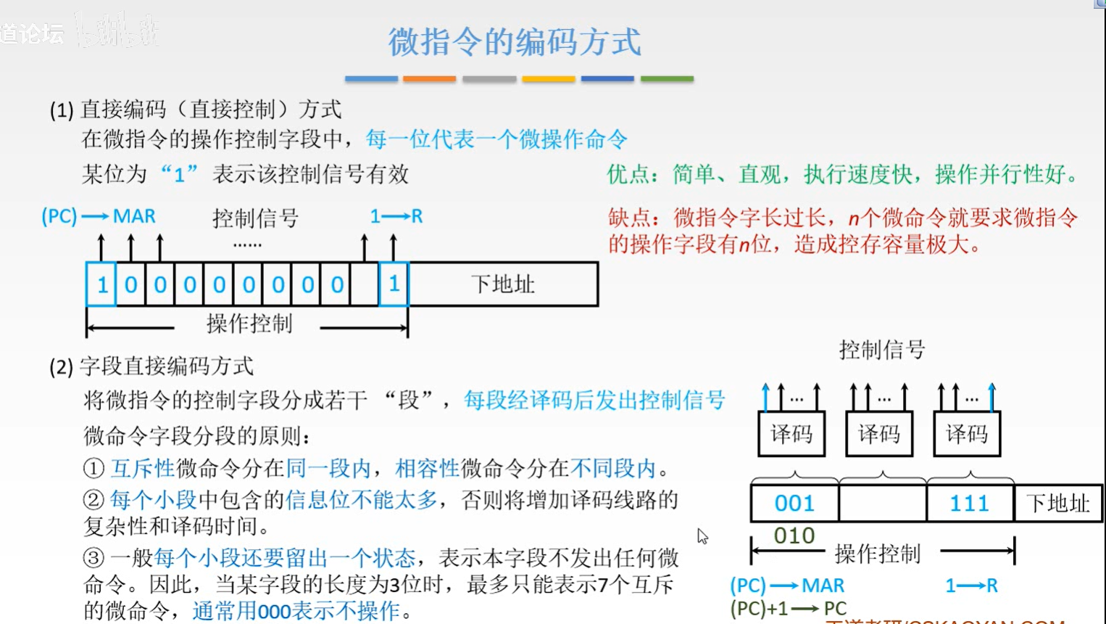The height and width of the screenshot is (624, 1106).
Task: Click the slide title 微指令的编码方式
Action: tap(515, 41)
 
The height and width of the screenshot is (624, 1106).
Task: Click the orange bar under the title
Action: tap(429, 78)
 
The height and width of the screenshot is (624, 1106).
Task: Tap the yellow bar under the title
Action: tap(548, 78)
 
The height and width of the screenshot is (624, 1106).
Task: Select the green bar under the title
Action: tap(667, 78)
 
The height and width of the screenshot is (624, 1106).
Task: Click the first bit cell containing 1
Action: tap(101, 284)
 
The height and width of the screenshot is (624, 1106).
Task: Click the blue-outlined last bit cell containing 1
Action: tap(394, 284)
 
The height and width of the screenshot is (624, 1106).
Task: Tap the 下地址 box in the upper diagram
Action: tap(503, 284)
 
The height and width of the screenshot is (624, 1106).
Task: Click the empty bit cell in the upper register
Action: tap(365, 284)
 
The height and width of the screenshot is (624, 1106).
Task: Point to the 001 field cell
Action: tap(794, 503)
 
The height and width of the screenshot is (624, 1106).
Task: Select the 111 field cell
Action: tap(970, 503)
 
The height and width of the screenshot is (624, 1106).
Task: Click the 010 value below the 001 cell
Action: tap(794, 535)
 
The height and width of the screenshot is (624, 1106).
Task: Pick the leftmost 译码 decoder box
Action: tap(791, 434)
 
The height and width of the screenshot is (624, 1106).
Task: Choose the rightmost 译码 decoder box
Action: tap(967, 434)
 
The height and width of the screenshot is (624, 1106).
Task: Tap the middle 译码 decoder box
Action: tap(879, 434)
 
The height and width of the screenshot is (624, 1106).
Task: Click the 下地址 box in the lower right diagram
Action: tap(1058, 503)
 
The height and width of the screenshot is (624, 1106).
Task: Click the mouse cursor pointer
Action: tap(702, 535)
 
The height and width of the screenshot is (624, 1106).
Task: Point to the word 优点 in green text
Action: tap(628, 174)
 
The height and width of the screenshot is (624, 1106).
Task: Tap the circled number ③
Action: tap(93, 558)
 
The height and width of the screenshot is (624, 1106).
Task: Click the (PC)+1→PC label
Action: tap(788, 608)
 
